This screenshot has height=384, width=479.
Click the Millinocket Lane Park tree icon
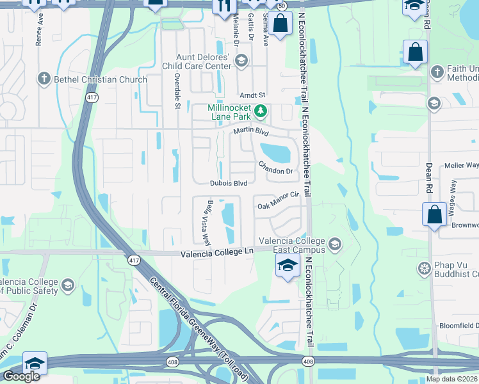tap(261, 112)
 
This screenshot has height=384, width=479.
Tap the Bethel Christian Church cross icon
tap(44, 79)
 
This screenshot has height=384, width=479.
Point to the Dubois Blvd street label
tap(229, 183)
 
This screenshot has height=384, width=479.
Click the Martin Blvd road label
tap(249, 131)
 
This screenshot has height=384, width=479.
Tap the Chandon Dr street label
tap(275, 168)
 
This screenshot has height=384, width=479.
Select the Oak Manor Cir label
tap(279, 205)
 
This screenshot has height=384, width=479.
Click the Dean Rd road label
tap(428, 177)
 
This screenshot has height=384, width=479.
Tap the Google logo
tap(21, 376)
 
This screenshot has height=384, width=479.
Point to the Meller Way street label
tap(461, 165)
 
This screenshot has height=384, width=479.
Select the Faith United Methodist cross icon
tap(437, 72)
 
